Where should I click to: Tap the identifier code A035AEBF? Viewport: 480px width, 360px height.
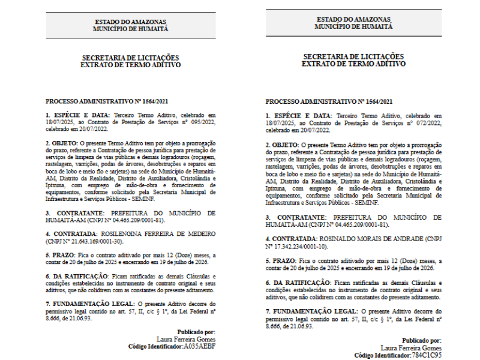pos(199,346)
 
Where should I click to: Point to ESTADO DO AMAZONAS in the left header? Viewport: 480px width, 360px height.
pos(131,22)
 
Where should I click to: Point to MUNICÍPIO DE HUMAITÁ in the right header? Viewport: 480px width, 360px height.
pos(353,27)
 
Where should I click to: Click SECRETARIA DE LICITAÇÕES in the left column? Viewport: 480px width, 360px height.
pos(130,58)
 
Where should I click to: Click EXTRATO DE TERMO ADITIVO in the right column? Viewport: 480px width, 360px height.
pos(353,63)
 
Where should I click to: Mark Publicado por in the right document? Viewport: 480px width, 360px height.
pos(421,340)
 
